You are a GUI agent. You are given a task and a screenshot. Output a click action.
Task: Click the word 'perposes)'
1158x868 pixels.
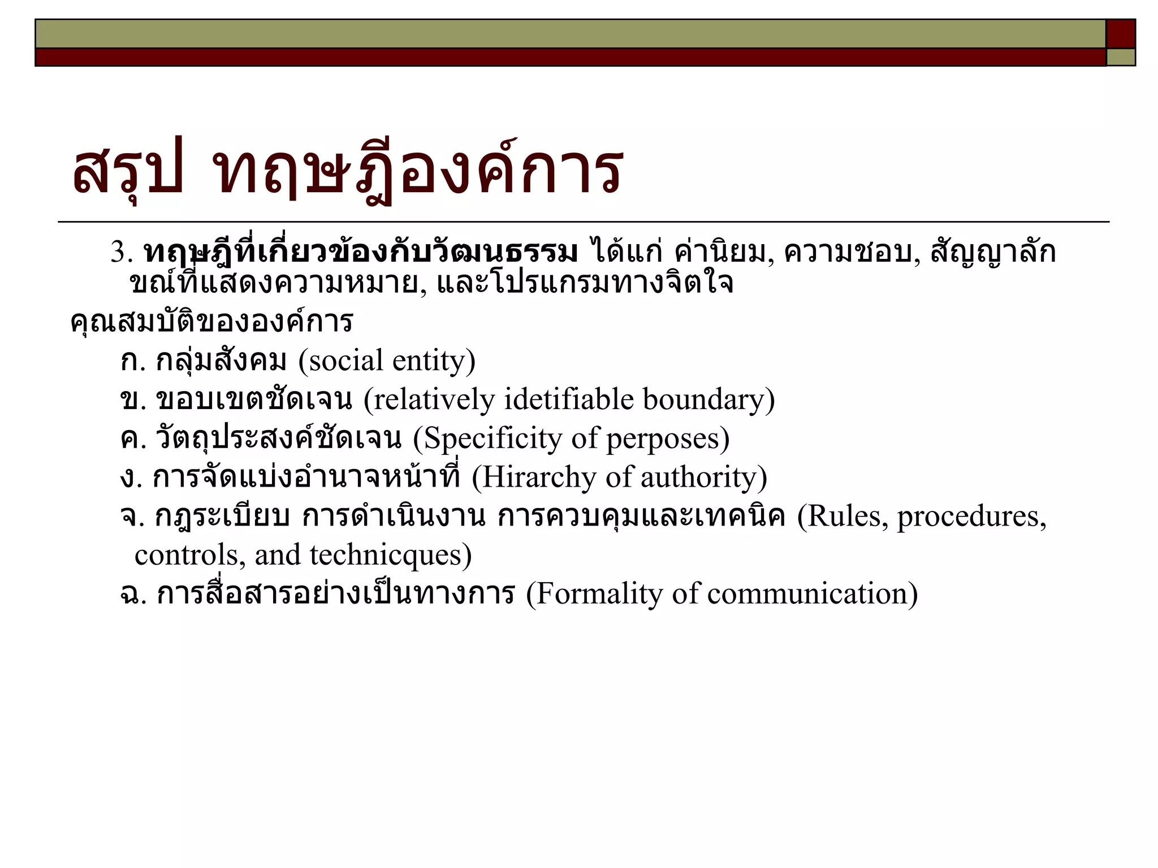[668, 439]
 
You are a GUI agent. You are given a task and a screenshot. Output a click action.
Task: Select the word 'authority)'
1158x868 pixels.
[703, 477]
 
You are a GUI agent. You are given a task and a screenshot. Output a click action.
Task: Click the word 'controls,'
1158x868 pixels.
[189, 555]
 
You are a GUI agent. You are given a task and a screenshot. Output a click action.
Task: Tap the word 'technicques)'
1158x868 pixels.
[390, 555]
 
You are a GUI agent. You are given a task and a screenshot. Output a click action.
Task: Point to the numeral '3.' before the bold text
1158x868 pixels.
[122, 252]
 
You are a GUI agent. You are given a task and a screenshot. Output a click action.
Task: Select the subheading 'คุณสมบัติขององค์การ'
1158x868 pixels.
[211, 322]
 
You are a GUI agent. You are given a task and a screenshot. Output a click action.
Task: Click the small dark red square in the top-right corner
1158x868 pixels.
[1121, 33]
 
